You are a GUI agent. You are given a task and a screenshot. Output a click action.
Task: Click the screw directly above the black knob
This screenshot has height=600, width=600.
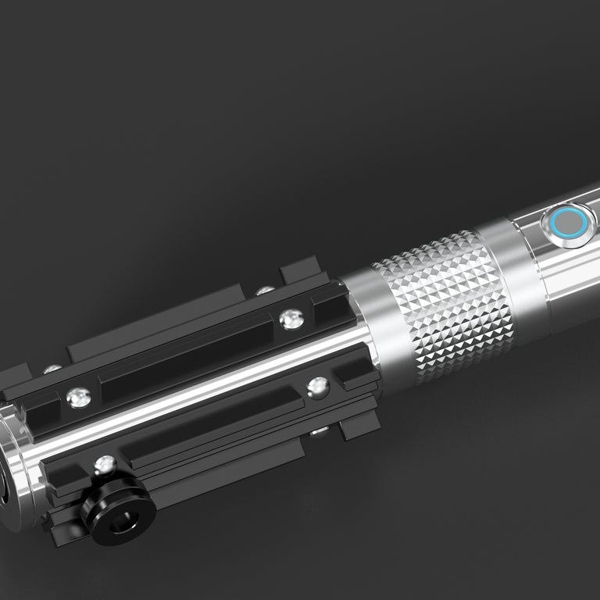point(105,466)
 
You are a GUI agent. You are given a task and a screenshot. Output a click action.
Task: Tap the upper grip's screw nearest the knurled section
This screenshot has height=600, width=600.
point(291,317)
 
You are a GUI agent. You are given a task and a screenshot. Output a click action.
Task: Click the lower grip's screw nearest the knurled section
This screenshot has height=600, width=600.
point(318,386)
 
